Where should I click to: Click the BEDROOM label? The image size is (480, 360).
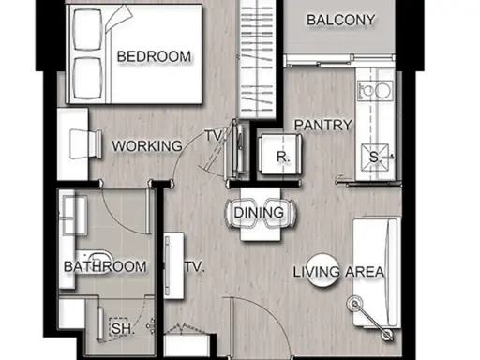[154, 56]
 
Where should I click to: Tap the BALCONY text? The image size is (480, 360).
[340, 20]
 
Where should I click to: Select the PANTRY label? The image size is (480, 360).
[323, 126]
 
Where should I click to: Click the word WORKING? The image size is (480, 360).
[147, 146]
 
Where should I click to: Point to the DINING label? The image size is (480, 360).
[259, 213]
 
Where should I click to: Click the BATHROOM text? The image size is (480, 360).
[105, 266]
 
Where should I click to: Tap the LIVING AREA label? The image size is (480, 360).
[338, 272]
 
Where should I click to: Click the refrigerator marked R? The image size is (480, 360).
[280, 154]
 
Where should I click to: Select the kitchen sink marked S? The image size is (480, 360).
[375, 157]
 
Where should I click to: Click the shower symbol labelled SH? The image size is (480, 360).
[118, 327]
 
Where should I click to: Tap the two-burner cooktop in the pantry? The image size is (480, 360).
[375, 91]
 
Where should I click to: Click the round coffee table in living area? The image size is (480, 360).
[322, 270]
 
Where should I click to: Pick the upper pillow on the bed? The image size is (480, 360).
[87, 29]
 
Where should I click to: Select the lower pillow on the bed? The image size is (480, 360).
[87, 78]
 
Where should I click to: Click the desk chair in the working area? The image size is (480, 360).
[85, 144]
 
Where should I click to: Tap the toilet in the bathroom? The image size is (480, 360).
[94, 262]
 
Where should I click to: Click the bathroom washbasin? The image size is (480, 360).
[75, 215]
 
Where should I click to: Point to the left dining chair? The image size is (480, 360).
[240, 213]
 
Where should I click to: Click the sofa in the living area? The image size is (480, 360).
[377, 273]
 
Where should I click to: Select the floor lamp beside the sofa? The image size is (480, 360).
[355, 304]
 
